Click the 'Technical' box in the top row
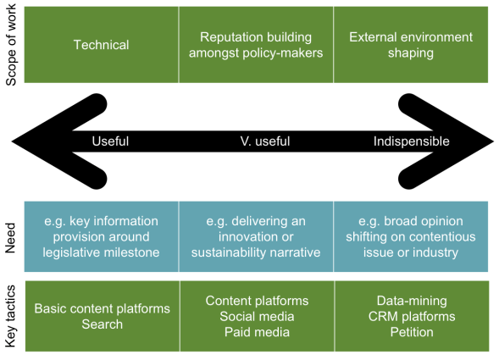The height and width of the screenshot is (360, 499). coord(101,45)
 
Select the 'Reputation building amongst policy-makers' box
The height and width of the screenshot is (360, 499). coord(256,45)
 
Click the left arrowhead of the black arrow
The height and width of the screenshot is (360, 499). coord(38,141)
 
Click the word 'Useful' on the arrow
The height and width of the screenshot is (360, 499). coord(110,141)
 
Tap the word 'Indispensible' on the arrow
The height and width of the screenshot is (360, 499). coord(411,141)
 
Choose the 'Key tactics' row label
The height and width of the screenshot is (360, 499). coord(12,315)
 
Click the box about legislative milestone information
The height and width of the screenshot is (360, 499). coord(101,236)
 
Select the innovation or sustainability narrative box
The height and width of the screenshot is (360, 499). coord(256,236)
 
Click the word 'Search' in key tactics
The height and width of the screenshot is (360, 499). coord(102,324)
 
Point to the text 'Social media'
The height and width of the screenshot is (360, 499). coord(256,316)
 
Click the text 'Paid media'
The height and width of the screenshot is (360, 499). coord(256,331)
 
